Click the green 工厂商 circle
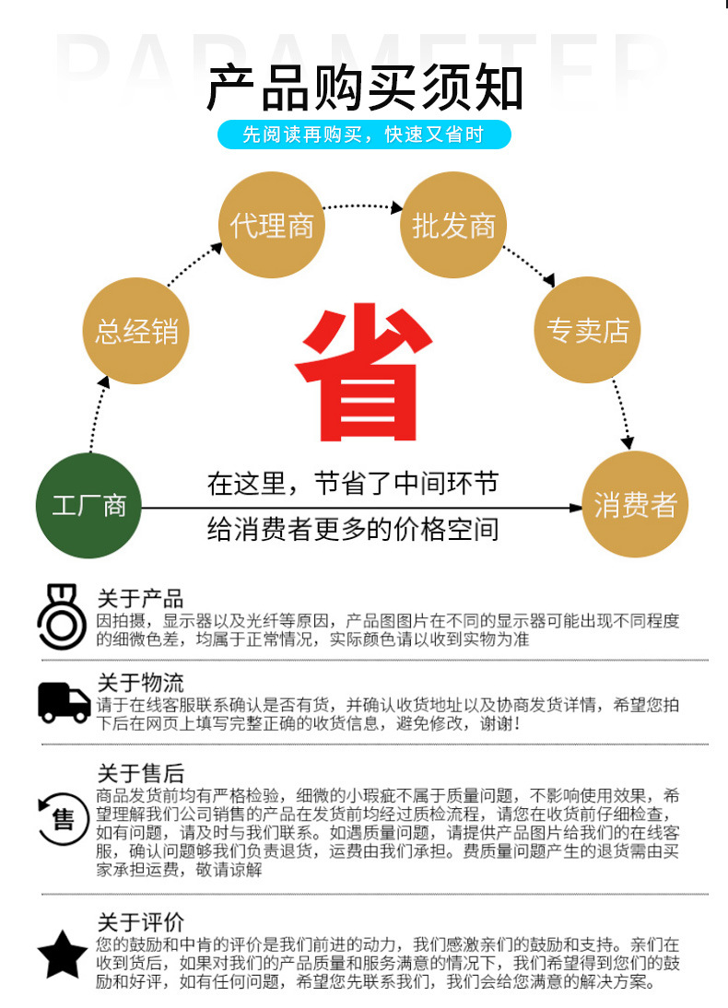[x=88, y=506]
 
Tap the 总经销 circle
[x=136, y=331]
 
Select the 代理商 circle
[x=272, y=226]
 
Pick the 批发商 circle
[x=453, y=226]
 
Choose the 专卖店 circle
[x=587, y=331]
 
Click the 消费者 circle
[x=635, y=505]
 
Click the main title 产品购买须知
[x=364, y=88]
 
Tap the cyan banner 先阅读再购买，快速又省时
[x=363, y=135]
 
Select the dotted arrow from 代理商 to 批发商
[x=362, y=206]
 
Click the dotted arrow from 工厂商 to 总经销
[x=96, y=415]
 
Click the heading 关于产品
[x=140, y=598]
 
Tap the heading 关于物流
[x=140, y=683]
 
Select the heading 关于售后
[x=140, y=773]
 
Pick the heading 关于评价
[x=140, y=921]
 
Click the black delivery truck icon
[x=64, y=702]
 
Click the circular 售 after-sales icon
[x=62, y=817]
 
